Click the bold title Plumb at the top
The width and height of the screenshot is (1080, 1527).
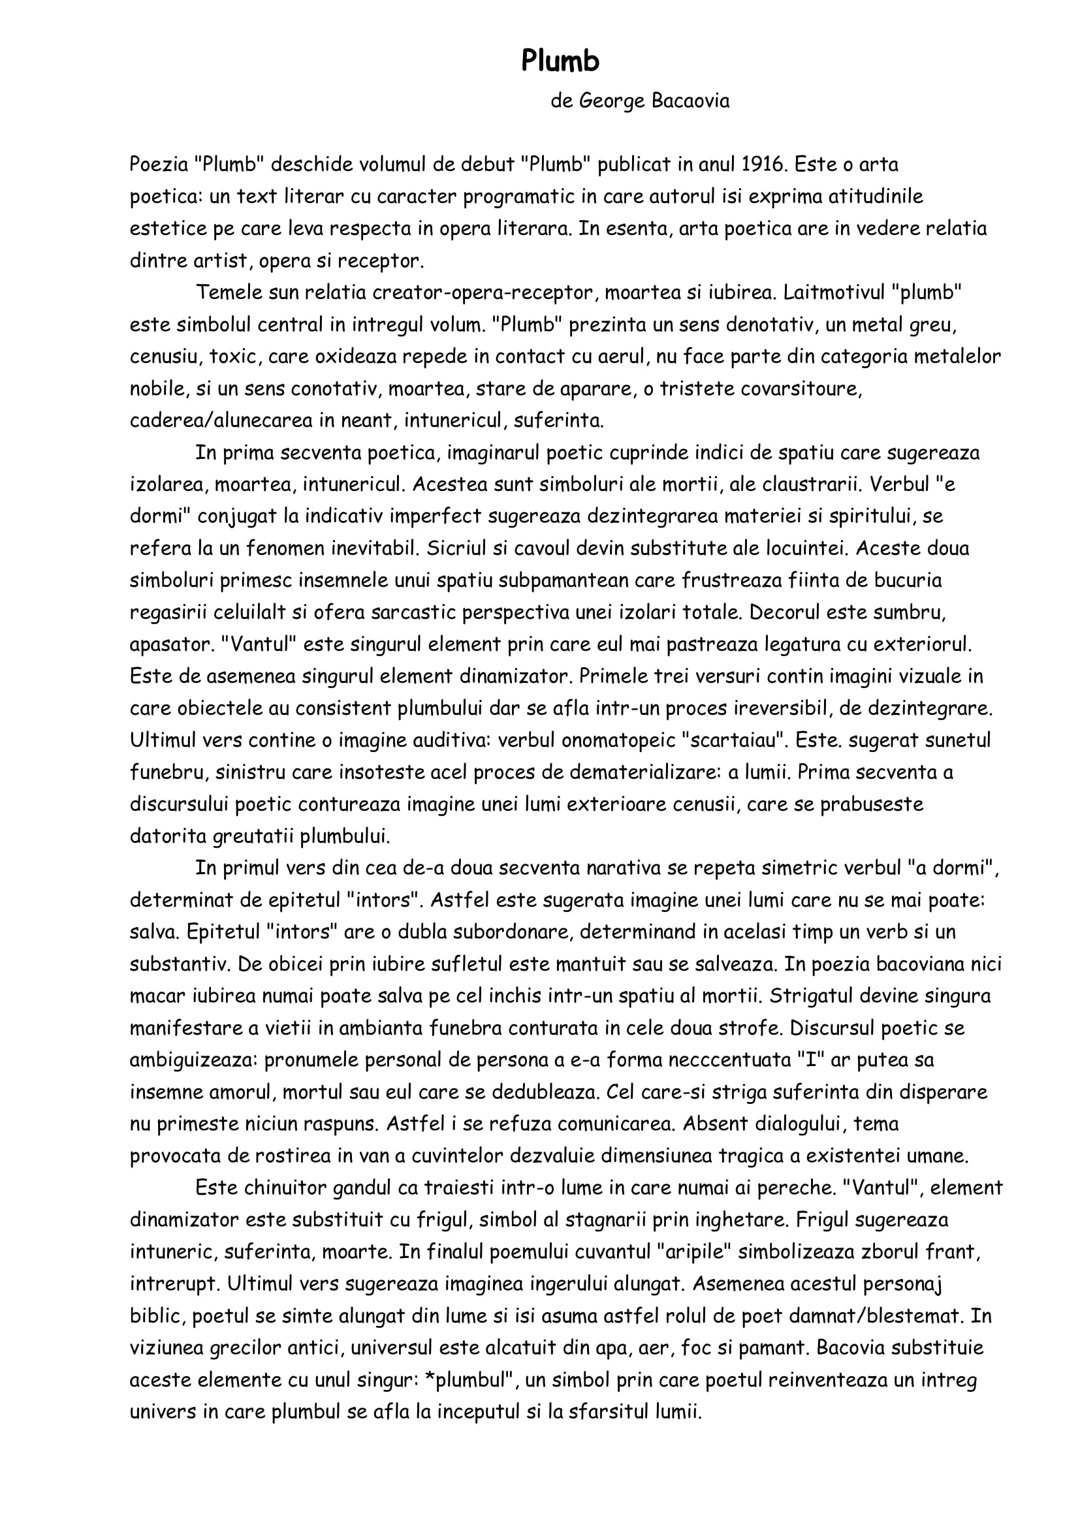click(x=560, y=61)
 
